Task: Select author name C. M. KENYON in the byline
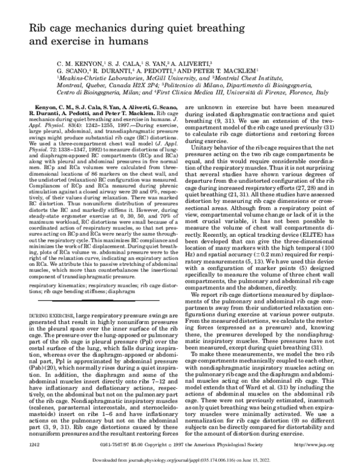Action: tap(76, 63)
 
